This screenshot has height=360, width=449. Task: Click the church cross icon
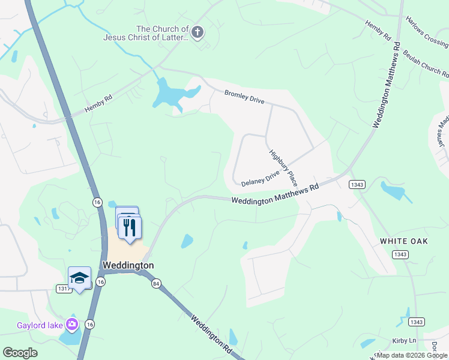(x=199, y=32)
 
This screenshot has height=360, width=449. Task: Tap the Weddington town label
(x=128, y=265)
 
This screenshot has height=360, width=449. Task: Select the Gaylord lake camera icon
(x=73, y=325)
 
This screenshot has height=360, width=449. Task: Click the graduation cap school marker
(x=79, y=278)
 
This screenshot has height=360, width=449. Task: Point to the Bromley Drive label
(x=244, y=97)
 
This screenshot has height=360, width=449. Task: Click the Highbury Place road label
(x=283, y=167)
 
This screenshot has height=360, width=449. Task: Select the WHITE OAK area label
(x=403, y=241)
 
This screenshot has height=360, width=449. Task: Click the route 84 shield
(x=156, y=283)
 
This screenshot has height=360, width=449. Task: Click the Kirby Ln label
(x=403, y=340)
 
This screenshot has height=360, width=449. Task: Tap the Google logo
(x=20, y=353)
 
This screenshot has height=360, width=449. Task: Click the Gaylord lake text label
(x=37, y=327)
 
